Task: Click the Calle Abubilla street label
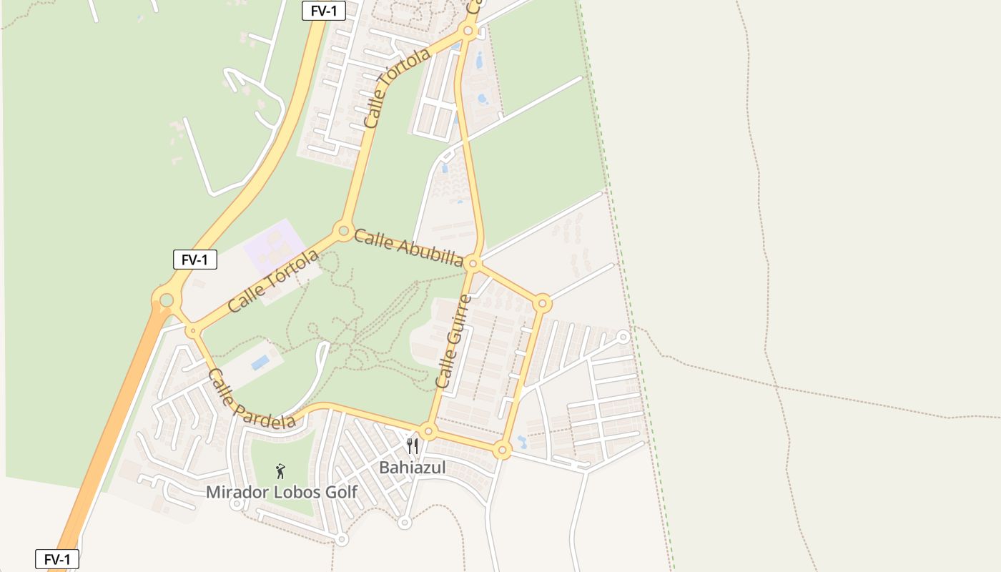tap(408, 248)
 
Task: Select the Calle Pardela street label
tap(251, 400)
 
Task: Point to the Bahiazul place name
tap(413, 468)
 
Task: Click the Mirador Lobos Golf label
tap(281, 492)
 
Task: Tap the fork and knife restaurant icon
tap(413, 446)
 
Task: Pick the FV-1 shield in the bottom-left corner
tap(57, 559)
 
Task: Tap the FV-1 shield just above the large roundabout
tap(194, 260)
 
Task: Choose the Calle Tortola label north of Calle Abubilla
tap(397, 88)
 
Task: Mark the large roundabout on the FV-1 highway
tap(167, 300)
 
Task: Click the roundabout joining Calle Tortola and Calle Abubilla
tap(343, 231)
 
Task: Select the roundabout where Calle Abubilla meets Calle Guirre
tap(473, 265)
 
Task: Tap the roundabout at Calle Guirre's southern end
tap(428, 431)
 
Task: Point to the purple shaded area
tap(275, 247)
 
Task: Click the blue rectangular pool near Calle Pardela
tap(260, 362)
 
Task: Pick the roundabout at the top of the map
tap(468, 31)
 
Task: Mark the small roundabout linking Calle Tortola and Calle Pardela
tap(192, 330)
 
